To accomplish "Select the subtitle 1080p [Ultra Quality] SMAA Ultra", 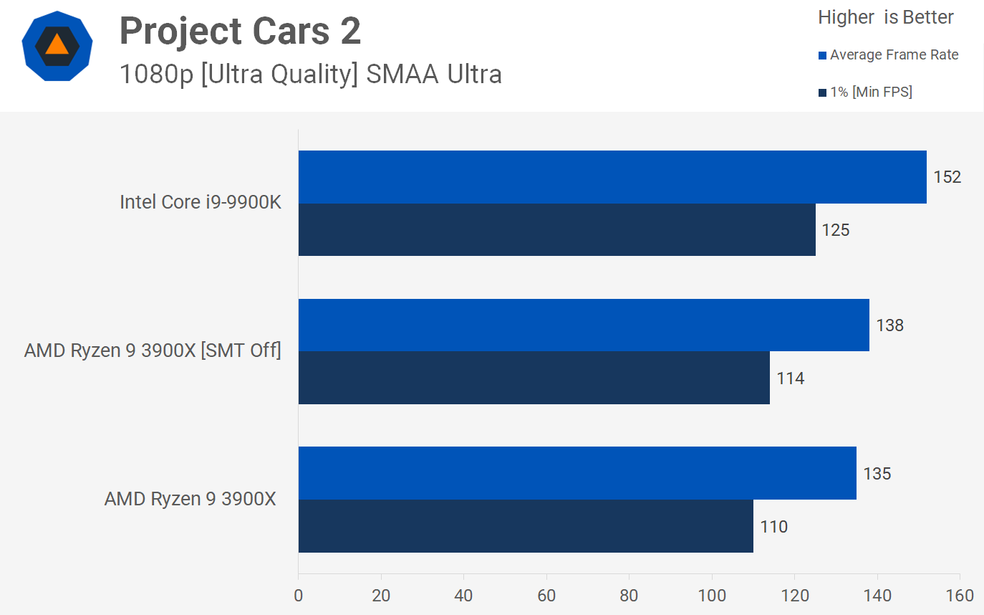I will pos(310,74).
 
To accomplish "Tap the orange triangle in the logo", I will pos(57,45).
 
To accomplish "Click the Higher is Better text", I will pos(885,17).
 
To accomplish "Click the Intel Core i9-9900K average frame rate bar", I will pos(612,177).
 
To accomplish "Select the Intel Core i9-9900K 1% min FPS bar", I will pos(556,229).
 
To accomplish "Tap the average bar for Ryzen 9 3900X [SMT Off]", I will pos(583,325).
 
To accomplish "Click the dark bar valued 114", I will pos(534,378).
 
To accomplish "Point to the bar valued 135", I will pos(577,473).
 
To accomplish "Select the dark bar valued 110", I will pos(525,526).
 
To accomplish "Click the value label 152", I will pos(947,177).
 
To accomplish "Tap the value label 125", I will pos(835,230).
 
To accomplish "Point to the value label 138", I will pos(889,325).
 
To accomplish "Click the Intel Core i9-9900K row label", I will pos(201,202).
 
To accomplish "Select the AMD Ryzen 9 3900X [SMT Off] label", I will pos(153,351).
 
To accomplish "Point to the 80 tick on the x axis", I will pos(629,596).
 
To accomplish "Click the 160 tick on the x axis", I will pos(960,596).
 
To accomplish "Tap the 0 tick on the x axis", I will pos(298,596).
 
